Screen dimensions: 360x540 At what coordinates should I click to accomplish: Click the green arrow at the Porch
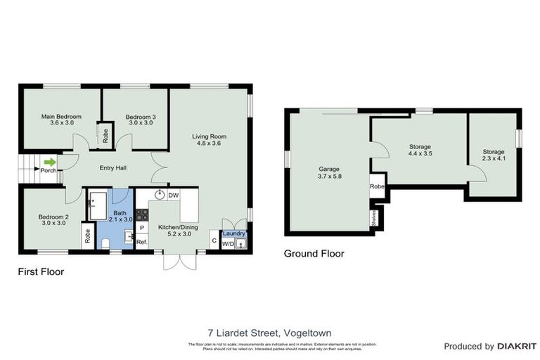tap(49, 162)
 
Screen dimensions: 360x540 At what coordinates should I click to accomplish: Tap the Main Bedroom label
tap(61, 120)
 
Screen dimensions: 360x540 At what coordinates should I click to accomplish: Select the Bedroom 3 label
tap(140, 120)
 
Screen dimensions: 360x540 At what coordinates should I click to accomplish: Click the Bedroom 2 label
tap(53, 220)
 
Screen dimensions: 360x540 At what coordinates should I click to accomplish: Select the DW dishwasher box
tap(173, 195)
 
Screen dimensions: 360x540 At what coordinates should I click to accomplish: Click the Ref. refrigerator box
tap(141, 242)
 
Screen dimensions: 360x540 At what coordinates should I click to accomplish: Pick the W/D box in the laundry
tap(227, 244)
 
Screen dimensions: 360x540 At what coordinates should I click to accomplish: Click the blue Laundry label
tap(233, 233)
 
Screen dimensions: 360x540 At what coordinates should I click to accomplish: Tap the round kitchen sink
tap(160, 195)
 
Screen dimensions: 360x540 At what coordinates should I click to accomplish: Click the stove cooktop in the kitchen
tap(141, 214)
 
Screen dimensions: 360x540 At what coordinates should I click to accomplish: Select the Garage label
tap(326, 172)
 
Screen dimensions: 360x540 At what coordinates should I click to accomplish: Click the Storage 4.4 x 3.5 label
tap(420, 150)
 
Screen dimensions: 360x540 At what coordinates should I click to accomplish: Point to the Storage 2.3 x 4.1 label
tap(494, 155)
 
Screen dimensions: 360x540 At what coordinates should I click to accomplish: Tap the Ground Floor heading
tap(314, 254)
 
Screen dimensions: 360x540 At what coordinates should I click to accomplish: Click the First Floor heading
tap(41, 271)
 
